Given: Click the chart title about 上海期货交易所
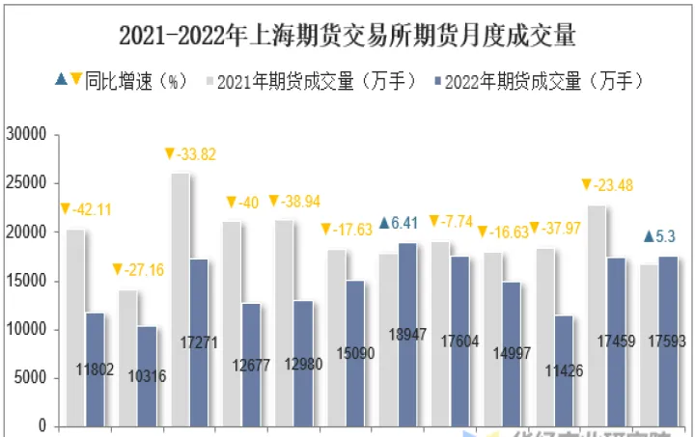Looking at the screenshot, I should point(347,36).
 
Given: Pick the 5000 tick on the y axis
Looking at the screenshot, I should point(30,378).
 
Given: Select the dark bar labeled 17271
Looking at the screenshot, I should point(198,342).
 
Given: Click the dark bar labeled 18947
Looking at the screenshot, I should point(406,334).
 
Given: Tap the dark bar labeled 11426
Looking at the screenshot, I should point(563,370).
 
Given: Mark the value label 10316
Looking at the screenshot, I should point(147,376).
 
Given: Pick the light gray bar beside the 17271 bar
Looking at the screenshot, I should point(179,299).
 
